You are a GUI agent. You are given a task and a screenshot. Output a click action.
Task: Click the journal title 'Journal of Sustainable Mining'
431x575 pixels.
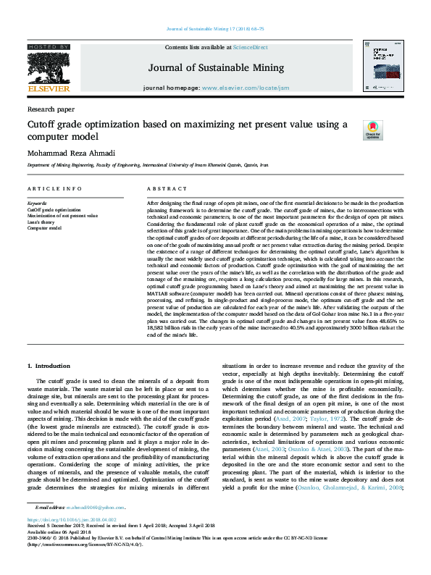[215, 69]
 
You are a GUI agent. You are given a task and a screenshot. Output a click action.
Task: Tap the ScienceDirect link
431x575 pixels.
[250, 47]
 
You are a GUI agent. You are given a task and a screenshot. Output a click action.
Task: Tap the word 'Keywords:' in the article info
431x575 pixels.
[37, 203]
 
